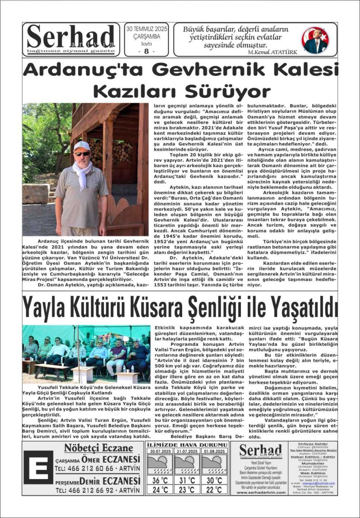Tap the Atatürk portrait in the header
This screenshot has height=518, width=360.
point(316,40)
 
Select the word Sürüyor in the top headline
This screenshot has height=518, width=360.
point(228,92)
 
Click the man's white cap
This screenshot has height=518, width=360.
point(81,146)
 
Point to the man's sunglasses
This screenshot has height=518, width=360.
point(82,153)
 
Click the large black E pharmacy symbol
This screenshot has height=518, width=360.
point(38,467)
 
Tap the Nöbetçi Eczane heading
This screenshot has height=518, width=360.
point(98,448)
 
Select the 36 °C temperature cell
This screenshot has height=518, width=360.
point(160,480)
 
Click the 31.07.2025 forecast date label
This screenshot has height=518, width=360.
point(187,451)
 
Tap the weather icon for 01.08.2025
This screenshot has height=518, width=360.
point(215,464)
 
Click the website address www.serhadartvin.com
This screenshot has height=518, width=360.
point(260,492)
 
